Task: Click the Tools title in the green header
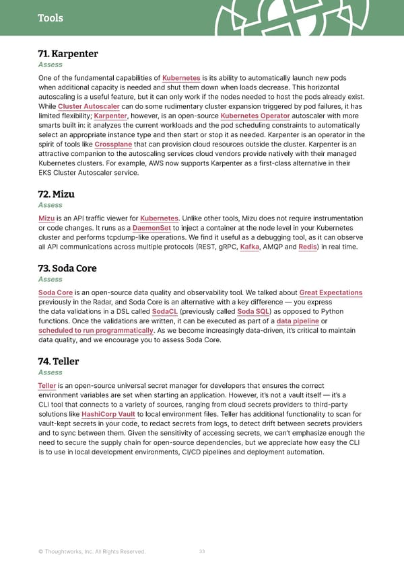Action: click(50, 18)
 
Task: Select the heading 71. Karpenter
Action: click(69, 54)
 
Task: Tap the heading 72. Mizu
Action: click(57, 194)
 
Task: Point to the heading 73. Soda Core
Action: click(67, 268)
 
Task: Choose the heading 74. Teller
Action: click(59, 361)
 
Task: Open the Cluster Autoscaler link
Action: click(89, 106)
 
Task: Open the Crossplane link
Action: click(113, 144)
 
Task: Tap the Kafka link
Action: click(250, 247)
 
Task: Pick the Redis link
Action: click(308, 247)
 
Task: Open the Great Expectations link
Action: click(331, 292)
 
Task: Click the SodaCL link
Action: click(164, 311)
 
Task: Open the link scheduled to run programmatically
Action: click(96, 330)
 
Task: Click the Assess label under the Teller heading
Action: click(50, 372)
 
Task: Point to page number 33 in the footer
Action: click(202, 552)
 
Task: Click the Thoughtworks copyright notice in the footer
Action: click(92, 552)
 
